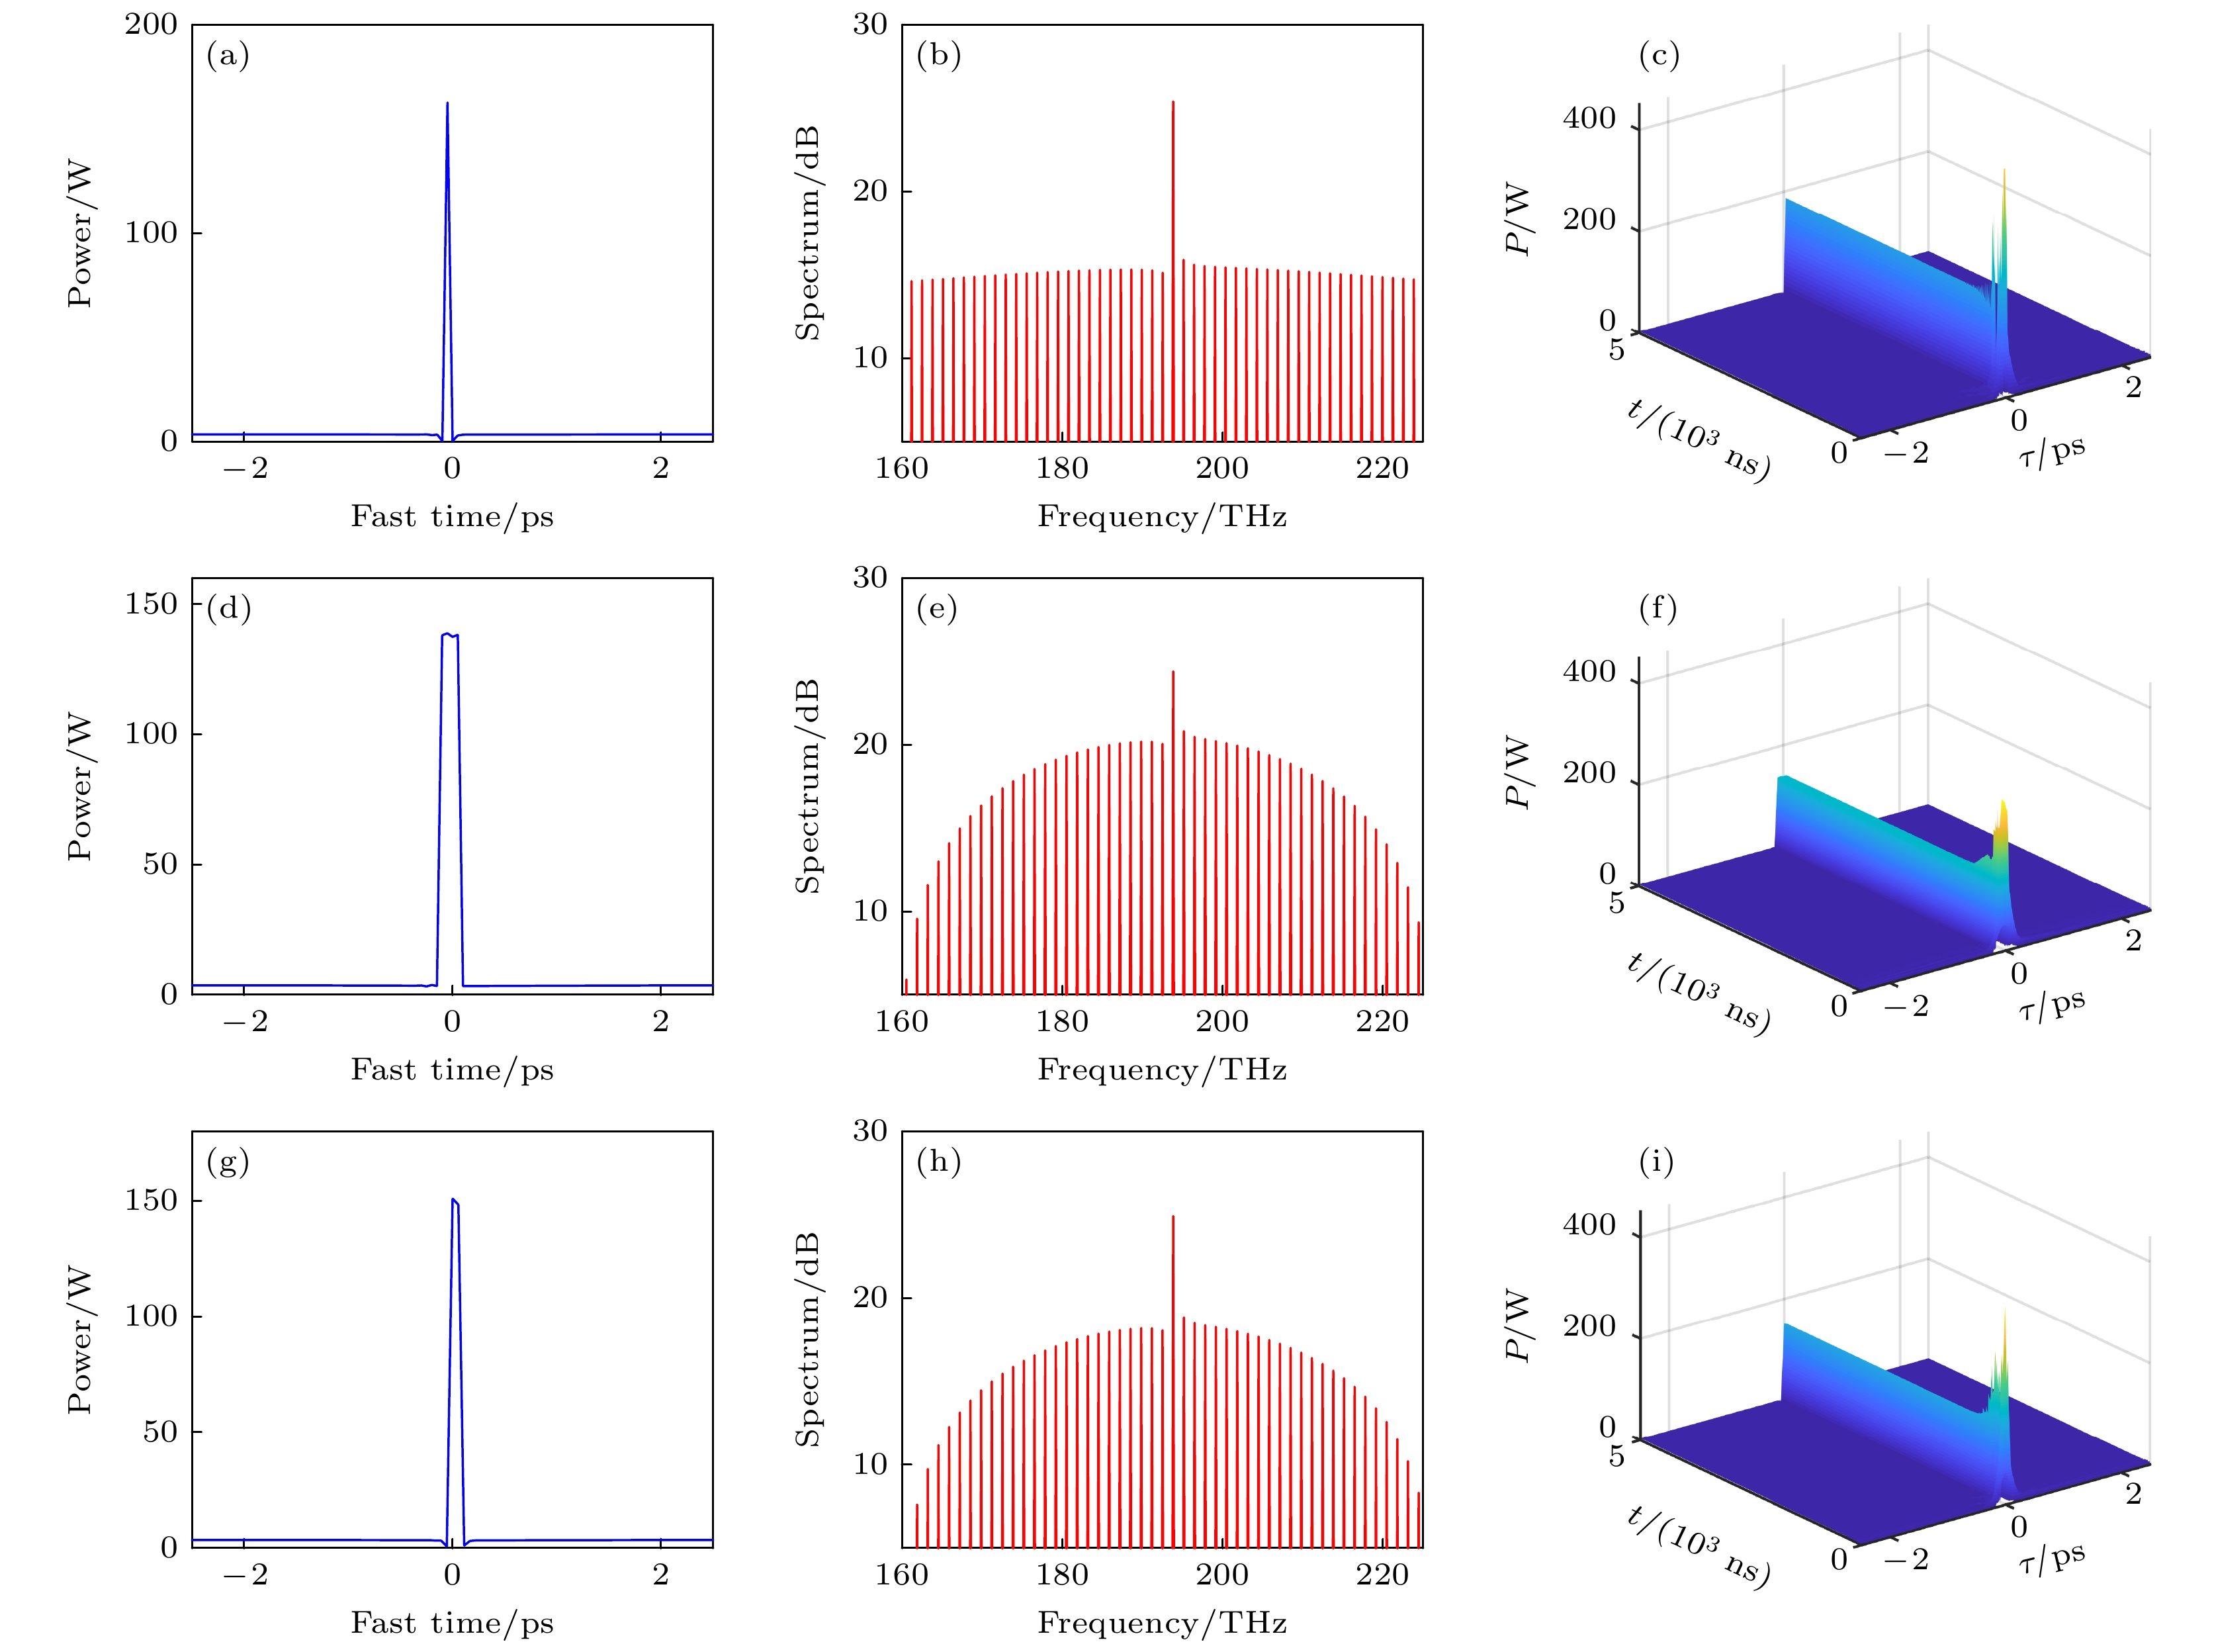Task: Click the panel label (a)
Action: coord(228,56)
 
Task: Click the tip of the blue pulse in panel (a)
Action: coord(447,104)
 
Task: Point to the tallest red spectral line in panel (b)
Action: coord(1173,103)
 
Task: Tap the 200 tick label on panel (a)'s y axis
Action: coord(151,25)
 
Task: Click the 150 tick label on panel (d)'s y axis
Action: coord(151,604)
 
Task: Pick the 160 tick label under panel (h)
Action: coord(902,1574)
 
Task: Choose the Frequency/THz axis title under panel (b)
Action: coord(1162,517)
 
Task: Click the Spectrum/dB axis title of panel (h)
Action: coord(807,1340)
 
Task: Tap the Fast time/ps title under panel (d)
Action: coord(452,1070)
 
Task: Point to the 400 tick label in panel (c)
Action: coord(1589,118)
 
